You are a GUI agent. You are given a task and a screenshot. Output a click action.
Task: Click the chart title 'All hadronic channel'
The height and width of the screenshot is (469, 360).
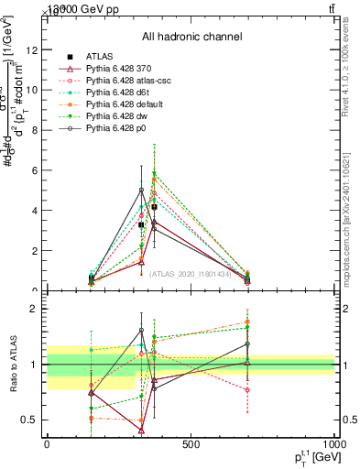pos(191,38)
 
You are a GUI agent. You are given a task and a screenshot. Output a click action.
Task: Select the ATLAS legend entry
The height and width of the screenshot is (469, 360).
pos(99,57)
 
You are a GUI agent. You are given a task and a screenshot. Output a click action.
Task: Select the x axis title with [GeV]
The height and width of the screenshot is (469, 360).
pos(311,458)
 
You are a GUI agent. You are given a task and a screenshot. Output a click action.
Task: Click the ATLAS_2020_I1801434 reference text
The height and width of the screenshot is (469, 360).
pos(191,274)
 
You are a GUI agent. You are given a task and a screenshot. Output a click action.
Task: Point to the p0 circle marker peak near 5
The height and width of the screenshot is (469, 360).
pos(141,191)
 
